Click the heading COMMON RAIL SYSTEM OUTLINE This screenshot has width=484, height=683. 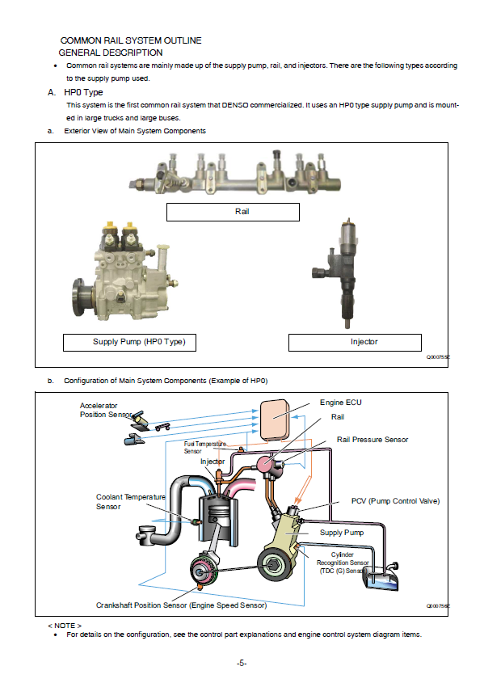tap(131, 40)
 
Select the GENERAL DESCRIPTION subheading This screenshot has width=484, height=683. tap(111, 53)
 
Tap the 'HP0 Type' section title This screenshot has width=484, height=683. tap(83, 92)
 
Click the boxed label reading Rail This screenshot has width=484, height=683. tap(233, 212)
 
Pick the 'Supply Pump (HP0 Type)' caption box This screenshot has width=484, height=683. tap(130, 343)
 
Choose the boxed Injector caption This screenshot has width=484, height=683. tap(355, 343)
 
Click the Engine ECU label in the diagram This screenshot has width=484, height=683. tap(341, 403)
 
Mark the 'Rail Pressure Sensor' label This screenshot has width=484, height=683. tap(372, 440)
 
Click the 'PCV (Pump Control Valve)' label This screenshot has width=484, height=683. tap(396, 501)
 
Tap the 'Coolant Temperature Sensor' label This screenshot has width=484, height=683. tap(131, 502)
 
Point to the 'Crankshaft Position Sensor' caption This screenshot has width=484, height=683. tap(182, 605)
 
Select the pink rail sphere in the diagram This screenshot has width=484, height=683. tap(265, 465)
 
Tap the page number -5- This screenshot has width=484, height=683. tap(242, 664)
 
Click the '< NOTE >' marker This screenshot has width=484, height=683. tap(65, 626)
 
